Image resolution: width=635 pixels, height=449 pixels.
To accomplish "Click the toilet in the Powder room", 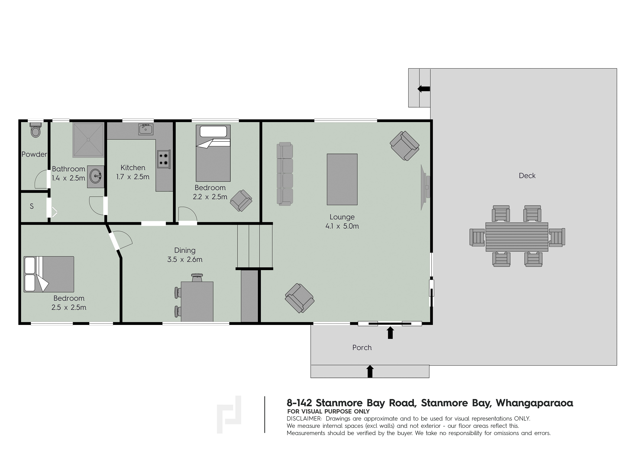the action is pyautogui.click(x=35, y=130).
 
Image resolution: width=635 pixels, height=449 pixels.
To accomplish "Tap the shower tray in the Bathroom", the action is pyautogui.click(x=88, y=140).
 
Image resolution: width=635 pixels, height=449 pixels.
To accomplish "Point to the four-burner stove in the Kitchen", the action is pyautogui.click(x=164, y=159).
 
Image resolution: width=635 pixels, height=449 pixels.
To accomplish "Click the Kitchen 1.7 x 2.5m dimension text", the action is pyautogui.click(x=133, y=177).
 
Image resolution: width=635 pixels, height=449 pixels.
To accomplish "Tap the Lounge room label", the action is pyautogui.click(x=342, y=217).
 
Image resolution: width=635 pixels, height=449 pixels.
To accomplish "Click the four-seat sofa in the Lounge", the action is pyautogui.click(x=285, y=174).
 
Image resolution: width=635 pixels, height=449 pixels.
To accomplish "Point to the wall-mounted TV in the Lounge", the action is pyautogui.click(x=425, y=187).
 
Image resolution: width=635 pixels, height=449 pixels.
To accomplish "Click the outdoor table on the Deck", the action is pyautogui.click(x=517, y=237).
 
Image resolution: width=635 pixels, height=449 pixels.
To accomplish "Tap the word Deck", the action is pyautogui.click(x=527, y=176).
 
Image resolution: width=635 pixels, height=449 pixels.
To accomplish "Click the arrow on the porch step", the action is pyautogui.click(x=370, y=371).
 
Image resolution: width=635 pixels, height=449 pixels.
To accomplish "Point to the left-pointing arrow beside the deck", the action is pyautogui.click(x=424, y=89).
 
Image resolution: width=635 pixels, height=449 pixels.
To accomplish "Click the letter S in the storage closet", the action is pyautogui.click(x=32, y=206).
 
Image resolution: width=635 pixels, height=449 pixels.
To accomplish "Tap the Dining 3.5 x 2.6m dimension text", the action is pyautogui.click(x=185, y=259).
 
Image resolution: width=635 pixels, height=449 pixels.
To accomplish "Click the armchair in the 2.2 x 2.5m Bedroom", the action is pyautogui.click(x=241, y=201).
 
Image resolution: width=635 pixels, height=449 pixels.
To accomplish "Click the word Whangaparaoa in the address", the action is pyautogui.click(x=534, y=403).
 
